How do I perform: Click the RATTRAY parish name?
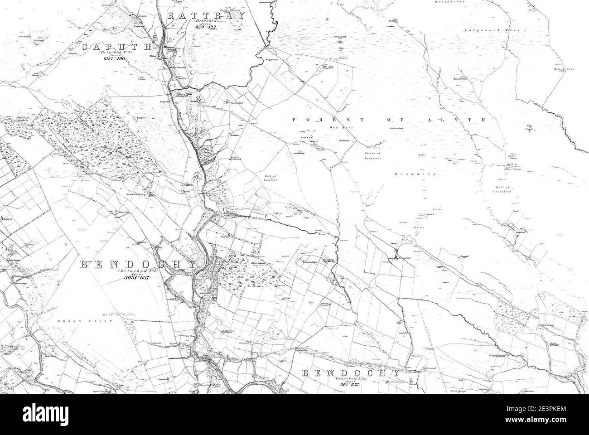click(x=206, y=15)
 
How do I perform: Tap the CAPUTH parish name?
click(x=117, y=47)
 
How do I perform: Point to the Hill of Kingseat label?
click(x=270, y=179)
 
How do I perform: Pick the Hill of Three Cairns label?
click(x=512, y=167)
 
